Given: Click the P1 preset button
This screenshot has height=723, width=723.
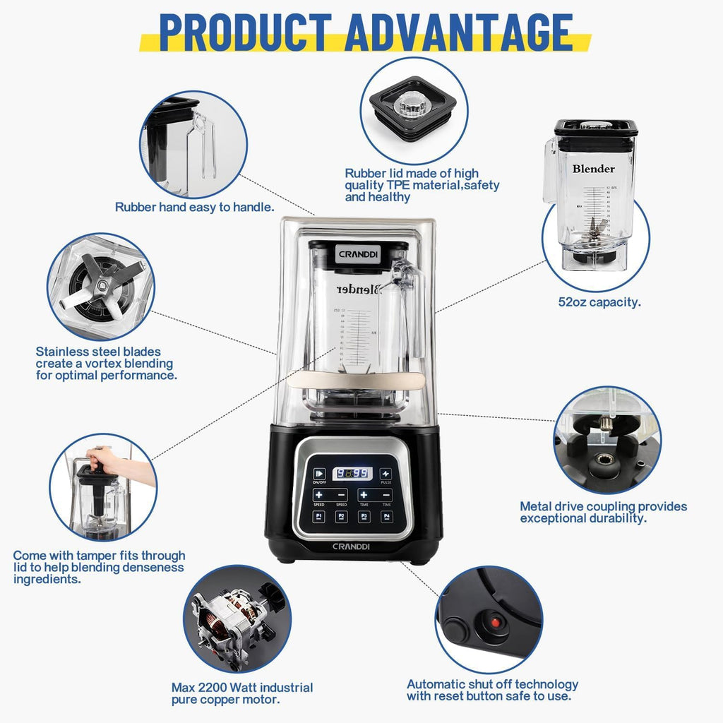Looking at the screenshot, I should (319, 517).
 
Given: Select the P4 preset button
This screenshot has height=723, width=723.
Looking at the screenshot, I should (386, 517).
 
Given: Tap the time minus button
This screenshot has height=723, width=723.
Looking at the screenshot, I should (386, 495).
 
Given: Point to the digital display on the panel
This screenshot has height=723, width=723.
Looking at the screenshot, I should (352, 474).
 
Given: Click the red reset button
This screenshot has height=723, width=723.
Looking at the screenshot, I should (496, 623).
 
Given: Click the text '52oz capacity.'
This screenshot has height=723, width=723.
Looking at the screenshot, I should (599, 302).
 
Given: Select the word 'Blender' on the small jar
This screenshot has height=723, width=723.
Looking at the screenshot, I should (593, 169).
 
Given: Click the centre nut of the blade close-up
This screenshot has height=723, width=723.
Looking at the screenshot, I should (103, 285).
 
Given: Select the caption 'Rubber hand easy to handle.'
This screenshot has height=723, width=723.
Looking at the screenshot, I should (195, 207).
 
